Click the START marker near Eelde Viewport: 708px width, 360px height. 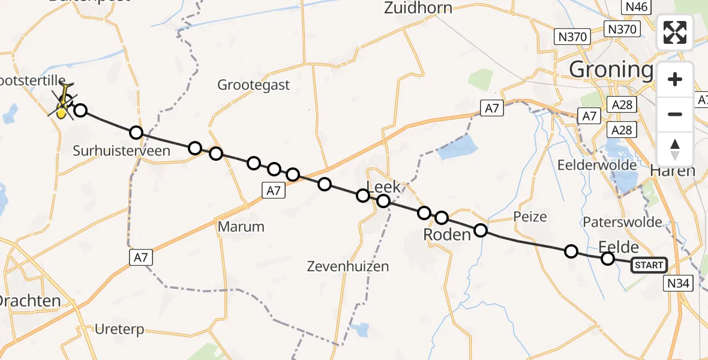coord(649,265)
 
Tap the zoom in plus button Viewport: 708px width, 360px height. coord(675,80)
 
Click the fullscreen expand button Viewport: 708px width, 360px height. coord(675,32)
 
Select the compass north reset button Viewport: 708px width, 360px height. coord(675,149)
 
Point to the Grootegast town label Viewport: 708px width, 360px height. coord(253,85)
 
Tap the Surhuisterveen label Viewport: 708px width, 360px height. coord(121,151)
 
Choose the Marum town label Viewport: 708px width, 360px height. coord(241,227)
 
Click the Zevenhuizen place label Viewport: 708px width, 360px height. coord(347,266)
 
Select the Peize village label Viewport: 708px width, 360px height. coord(530,216)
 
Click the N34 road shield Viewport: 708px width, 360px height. coord(679,283)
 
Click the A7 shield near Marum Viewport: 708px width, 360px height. coord(273,191)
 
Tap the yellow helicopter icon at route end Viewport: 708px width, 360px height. coord(62,109)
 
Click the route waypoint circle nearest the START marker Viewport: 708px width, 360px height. coord(608,259)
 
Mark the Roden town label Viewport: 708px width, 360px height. coord(446,235)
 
